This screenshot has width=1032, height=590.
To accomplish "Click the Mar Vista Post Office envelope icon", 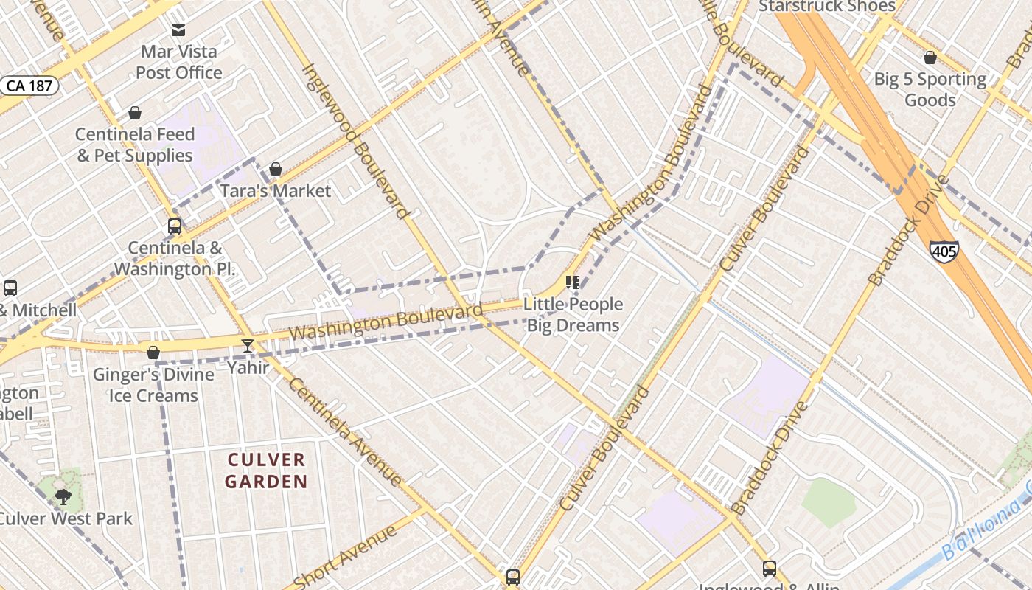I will click(x=178, y=30).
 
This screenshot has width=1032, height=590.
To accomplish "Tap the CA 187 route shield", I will click(x=29, y=86).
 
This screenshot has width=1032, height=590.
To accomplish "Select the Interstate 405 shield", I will click(x=944, y=251).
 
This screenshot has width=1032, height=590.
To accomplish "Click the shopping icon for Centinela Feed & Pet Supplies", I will click(x=135, y=113).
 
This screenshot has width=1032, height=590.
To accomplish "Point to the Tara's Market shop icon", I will click(x=276, y=170).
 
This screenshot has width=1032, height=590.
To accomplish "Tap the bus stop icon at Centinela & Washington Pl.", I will click(x=175, y=226).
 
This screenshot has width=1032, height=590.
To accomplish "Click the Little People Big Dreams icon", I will click(x=573, y=282).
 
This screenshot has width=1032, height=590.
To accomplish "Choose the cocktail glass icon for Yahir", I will click(x=248, y=346).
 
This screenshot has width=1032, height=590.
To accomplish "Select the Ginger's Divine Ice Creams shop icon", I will click(x=153, y=353).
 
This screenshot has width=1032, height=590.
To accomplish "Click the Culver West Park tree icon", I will click(x=63, y=496).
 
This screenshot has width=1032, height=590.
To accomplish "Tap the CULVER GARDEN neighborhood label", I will click(x=266, y=471).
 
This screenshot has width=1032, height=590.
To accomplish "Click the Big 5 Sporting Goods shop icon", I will click(x=930, y=58).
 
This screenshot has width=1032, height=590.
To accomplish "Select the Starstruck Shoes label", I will click(x=827, y=7).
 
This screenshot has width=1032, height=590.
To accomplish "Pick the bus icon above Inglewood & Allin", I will click(x=770, y=568).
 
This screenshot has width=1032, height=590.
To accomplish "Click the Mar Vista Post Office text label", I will click(x=179, y=62).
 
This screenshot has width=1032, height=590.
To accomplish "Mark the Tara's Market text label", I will click(x=276, y=191).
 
